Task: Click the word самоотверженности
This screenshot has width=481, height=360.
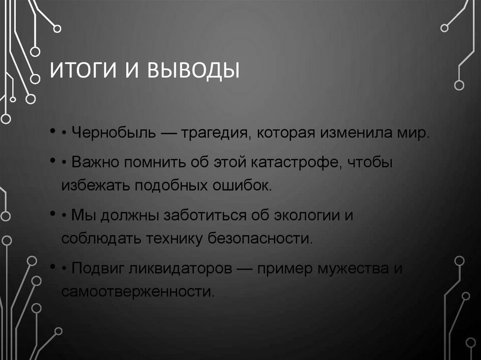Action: [x=138, y=291]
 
